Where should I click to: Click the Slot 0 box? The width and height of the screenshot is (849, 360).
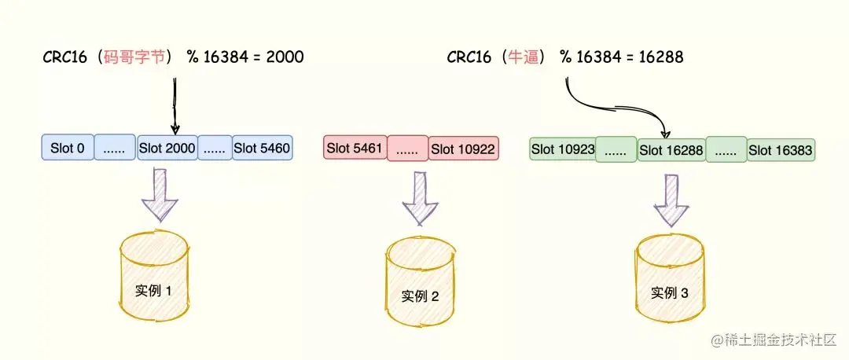click(68, 148)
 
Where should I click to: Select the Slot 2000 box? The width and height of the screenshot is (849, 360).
click(167, 148)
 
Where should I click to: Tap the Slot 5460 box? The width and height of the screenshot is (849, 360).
click(263, 148)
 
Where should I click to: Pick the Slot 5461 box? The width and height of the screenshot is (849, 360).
click(355, 148)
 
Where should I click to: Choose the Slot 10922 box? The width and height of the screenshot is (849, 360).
click(463, 148)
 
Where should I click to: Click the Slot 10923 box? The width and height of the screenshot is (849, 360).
click(562, 148)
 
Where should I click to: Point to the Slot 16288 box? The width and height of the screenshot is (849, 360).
click(671, 148)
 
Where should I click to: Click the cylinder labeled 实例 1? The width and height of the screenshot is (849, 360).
click(153, 274)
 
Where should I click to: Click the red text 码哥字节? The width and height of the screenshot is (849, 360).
click(134, 57)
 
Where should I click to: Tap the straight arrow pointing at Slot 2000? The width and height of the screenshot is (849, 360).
click(175, 102)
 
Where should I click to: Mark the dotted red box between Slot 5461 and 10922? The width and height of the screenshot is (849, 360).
click(407, 148)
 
